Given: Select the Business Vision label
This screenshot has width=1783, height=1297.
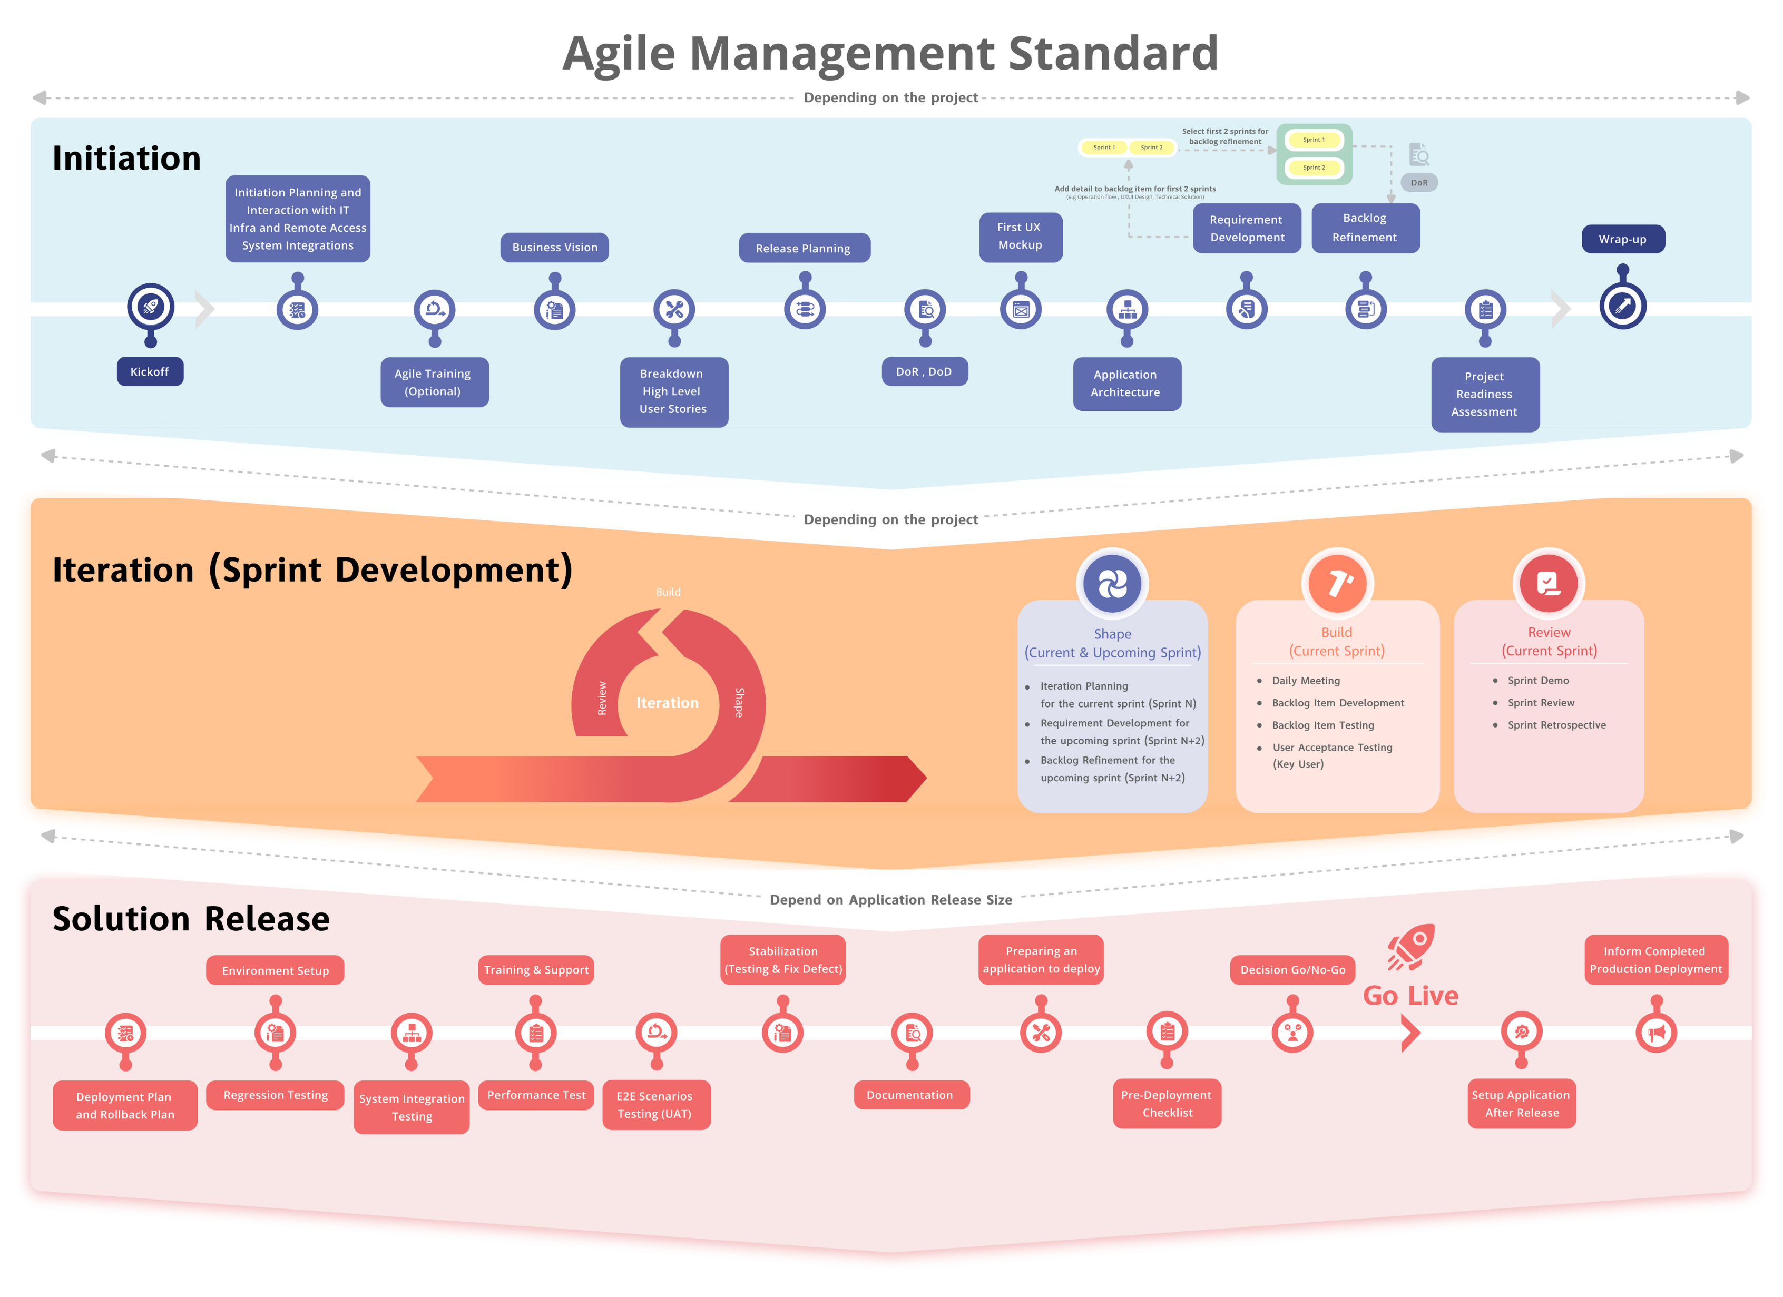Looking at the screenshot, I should tap(554, 248).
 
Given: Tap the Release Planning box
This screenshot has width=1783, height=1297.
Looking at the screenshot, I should tap(804, 249).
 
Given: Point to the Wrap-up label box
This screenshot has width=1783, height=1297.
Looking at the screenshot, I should tap(1623, 240).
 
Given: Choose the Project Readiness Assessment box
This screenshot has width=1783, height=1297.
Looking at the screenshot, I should tap(1484, 395).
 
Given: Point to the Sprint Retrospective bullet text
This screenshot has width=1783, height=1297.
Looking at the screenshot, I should tap(1556, 725).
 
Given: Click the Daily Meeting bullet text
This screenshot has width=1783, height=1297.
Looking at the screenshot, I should tap(1306, 681).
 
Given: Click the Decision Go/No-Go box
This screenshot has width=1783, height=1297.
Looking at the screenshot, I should tap(1292, 970).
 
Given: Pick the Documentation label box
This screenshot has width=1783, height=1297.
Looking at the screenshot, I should tap(910, 1095).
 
